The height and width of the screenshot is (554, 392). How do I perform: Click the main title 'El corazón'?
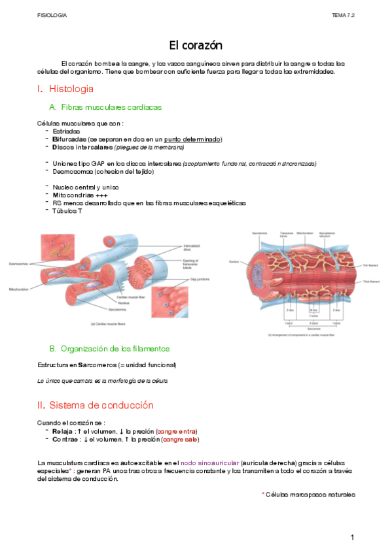click(196, 45)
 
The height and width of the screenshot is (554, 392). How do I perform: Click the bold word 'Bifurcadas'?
click(69, 139)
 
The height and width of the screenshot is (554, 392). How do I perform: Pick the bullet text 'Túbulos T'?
click(67, 211)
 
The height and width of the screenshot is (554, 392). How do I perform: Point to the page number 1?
click(351, 538)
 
